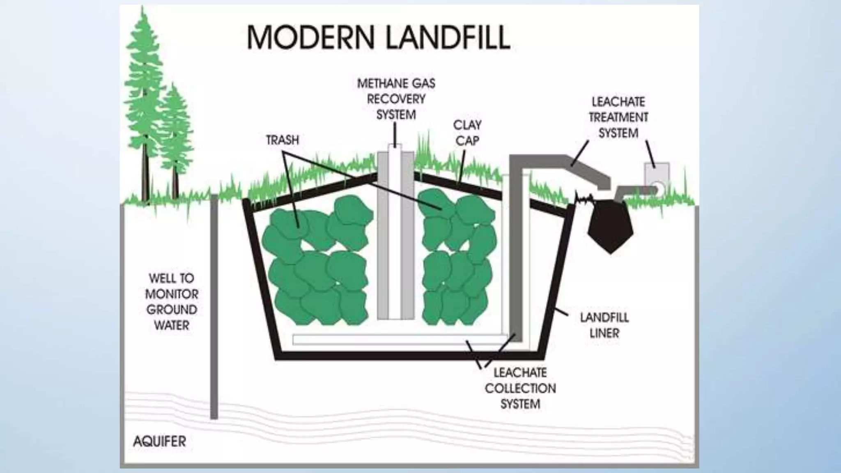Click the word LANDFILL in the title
pyautogui.click(x=448, y=37)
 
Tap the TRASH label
pyautogui.click(x=283, y=140)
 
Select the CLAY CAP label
pyautogui.click(x=467, y=133)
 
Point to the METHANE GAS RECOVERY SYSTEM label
pyautogui.click(x=396, y=99)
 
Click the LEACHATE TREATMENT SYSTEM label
pyautogui.click(x=618, y=117)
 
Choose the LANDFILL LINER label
pyautogui.click(x=604, y=325)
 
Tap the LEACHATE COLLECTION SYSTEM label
pyautogui.click(x=520, y=388)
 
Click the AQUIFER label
pyautogui.click(x=160, y=441)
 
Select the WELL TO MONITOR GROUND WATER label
pyautogui.click(x=172, y=302)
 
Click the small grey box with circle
pyautogui.click(x=657, y=177)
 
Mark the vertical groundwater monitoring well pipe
pyautogui.click(x=214, y=308)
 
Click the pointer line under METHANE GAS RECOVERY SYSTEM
pyautogui.click(x=395, y=134)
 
